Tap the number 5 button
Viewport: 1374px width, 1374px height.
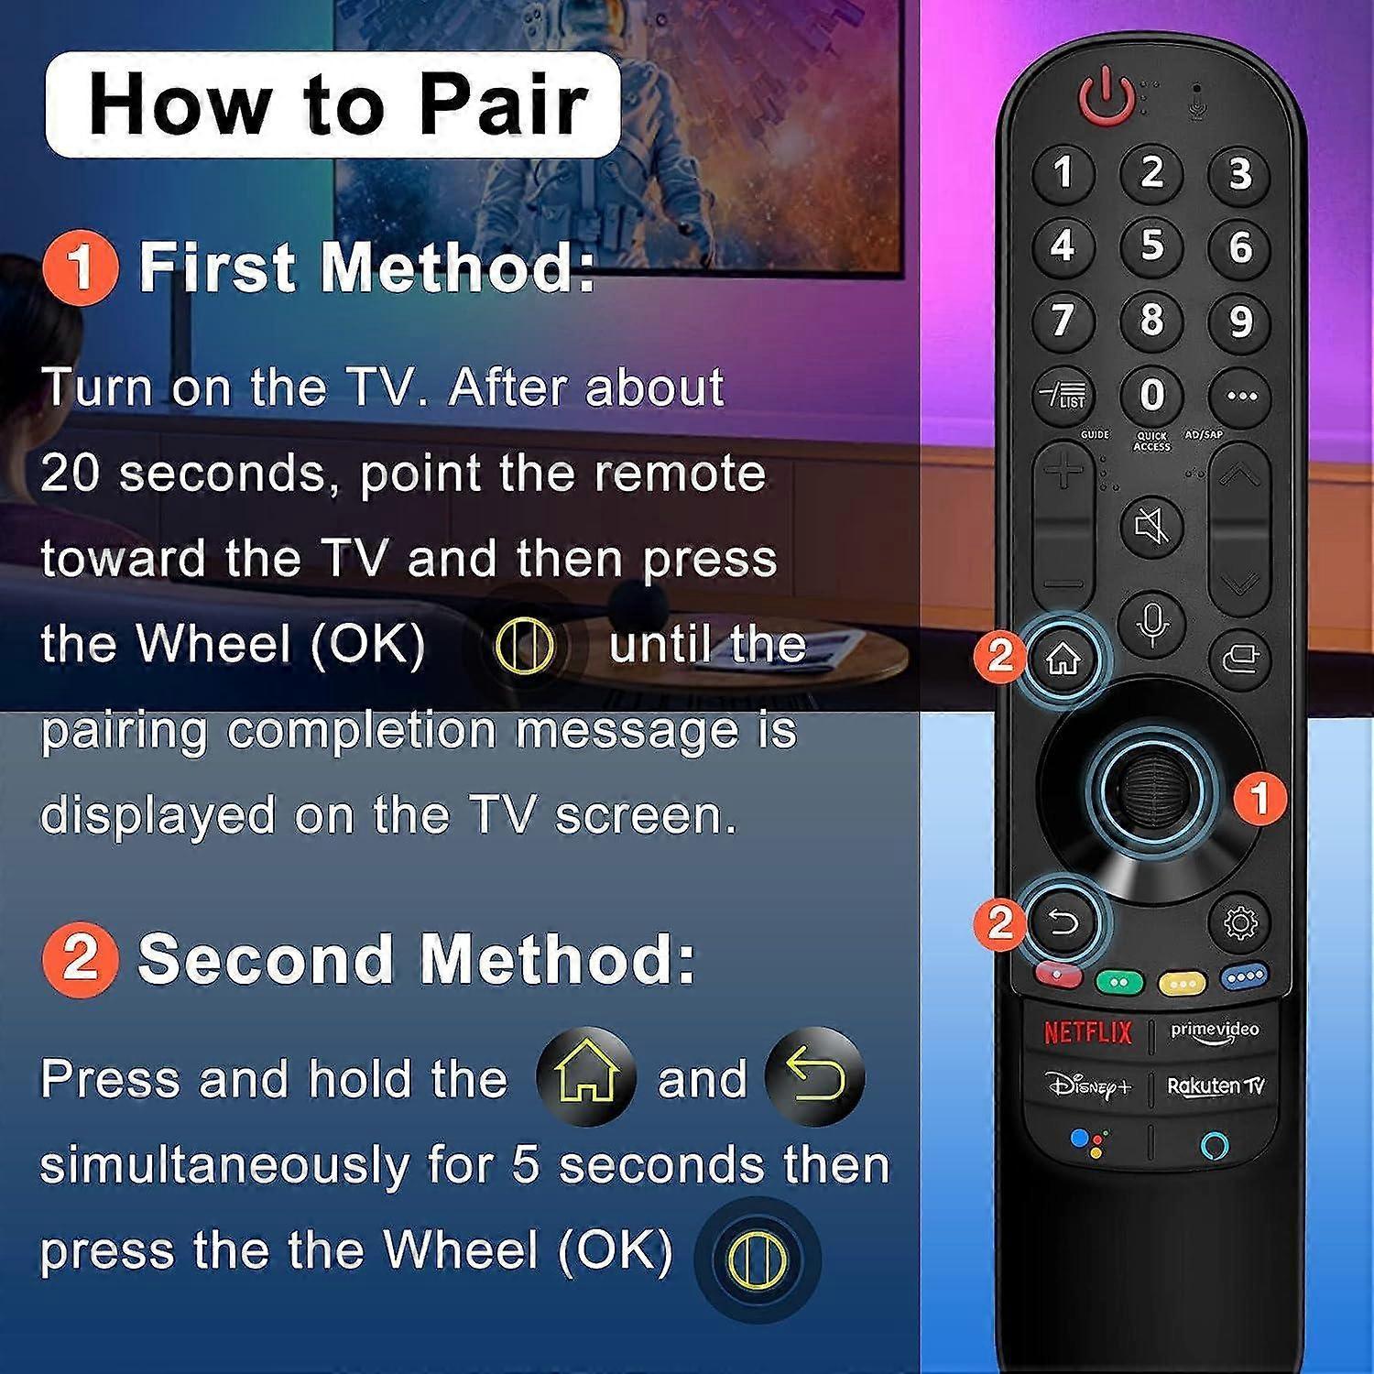(1151, 245)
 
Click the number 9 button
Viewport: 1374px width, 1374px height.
(1239, 321)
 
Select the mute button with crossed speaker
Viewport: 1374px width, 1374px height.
(1152, 526)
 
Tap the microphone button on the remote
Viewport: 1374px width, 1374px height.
(1152, 623)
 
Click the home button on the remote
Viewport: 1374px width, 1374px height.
(1063, 659)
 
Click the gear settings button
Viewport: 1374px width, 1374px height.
(1240, 923)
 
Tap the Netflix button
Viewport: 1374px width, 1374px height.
(1087, 1032)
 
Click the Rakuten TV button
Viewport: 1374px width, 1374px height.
(1216, 1086)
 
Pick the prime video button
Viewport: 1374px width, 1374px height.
(1215, 1031)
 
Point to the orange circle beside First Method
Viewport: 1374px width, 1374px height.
(81, 267)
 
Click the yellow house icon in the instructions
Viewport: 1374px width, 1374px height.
(585, 1076)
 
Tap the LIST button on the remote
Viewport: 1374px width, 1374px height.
(1063, 396)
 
